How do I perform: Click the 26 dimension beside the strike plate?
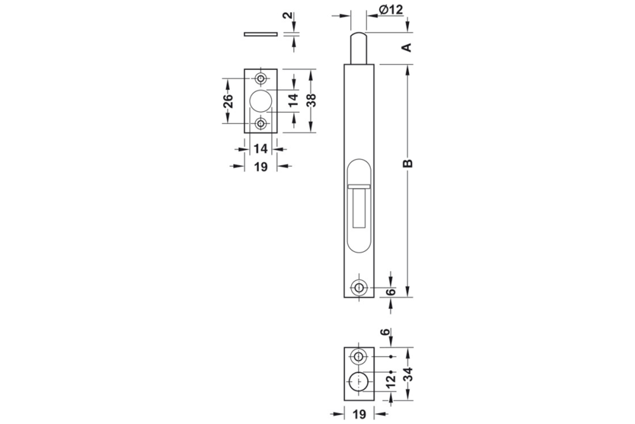click(229, 100)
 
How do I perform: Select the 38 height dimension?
click(310, 100)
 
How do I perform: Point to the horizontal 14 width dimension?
click(260, 149)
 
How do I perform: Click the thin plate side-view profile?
click(260, 33)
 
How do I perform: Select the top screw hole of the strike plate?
click(260, 78)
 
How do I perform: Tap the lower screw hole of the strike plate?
click(260, 123)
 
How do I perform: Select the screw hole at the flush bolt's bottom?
click(359, 287)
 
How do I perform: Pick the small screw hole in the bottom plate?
click(359, 357)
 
